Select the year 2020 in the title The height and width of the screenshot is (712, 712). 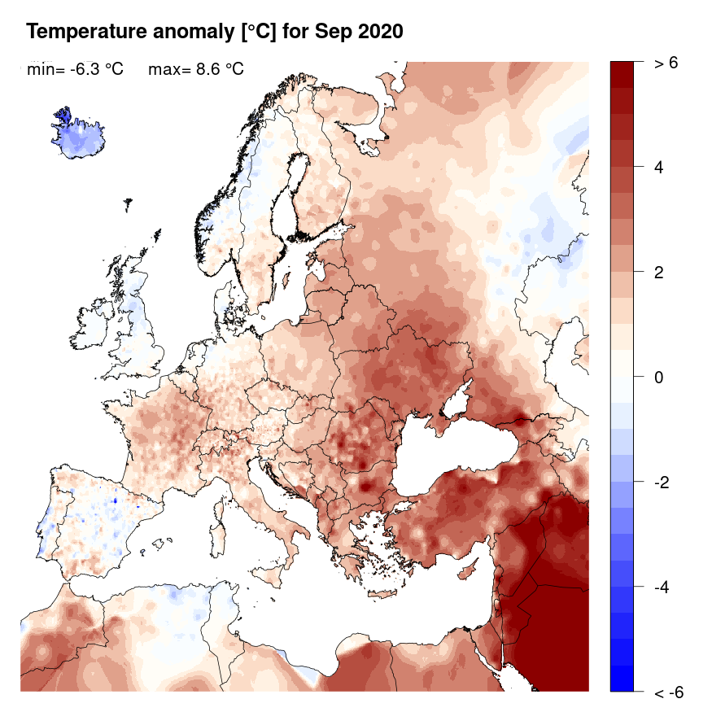pyautogui.click(x=379, y=32)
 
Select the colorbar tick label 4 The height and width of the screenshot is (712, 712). pyautogui.click(x=660, y=168)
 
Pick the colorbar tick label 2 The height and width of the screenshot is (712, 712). pyautogui.click(x=660, y=272)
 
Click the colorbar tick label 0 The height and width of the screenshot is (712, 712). pyautogui.click(x=660, y=377)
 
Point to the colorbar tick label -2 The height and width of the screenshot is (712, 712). pyautogui.click(x=663, y=482)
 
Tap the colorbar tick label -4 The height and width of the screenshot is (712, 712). pyautogui.click(x=663, y=586)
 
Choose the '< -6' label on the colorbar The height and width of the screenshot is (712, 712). pyautogui.click(x=667, y=692)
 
